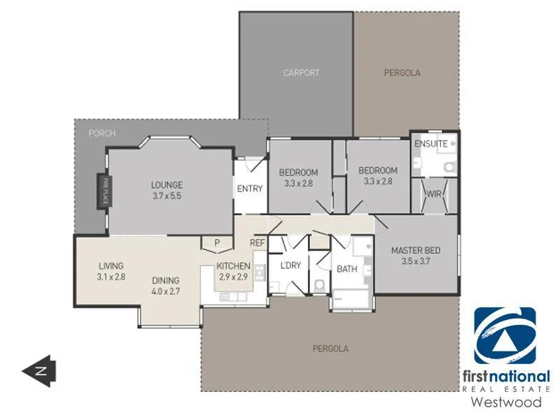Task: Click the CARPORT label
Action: (x=301, y=72)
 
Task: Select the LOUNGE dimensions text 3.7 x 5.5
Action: (x=167, y=196)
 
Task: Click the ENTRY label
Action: (x=249, y=188)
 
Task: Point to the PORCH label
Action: (x=102, y=133)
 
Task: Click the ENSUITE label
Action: (x=430, y=143)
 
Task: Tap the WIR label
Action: (x=433, y=193)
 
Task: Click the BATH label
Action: (x=347, y=269)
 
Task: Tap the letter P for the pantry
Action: (x=217, y=243)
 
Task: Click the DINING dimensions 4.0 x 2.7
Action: (x=167, y=290)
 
